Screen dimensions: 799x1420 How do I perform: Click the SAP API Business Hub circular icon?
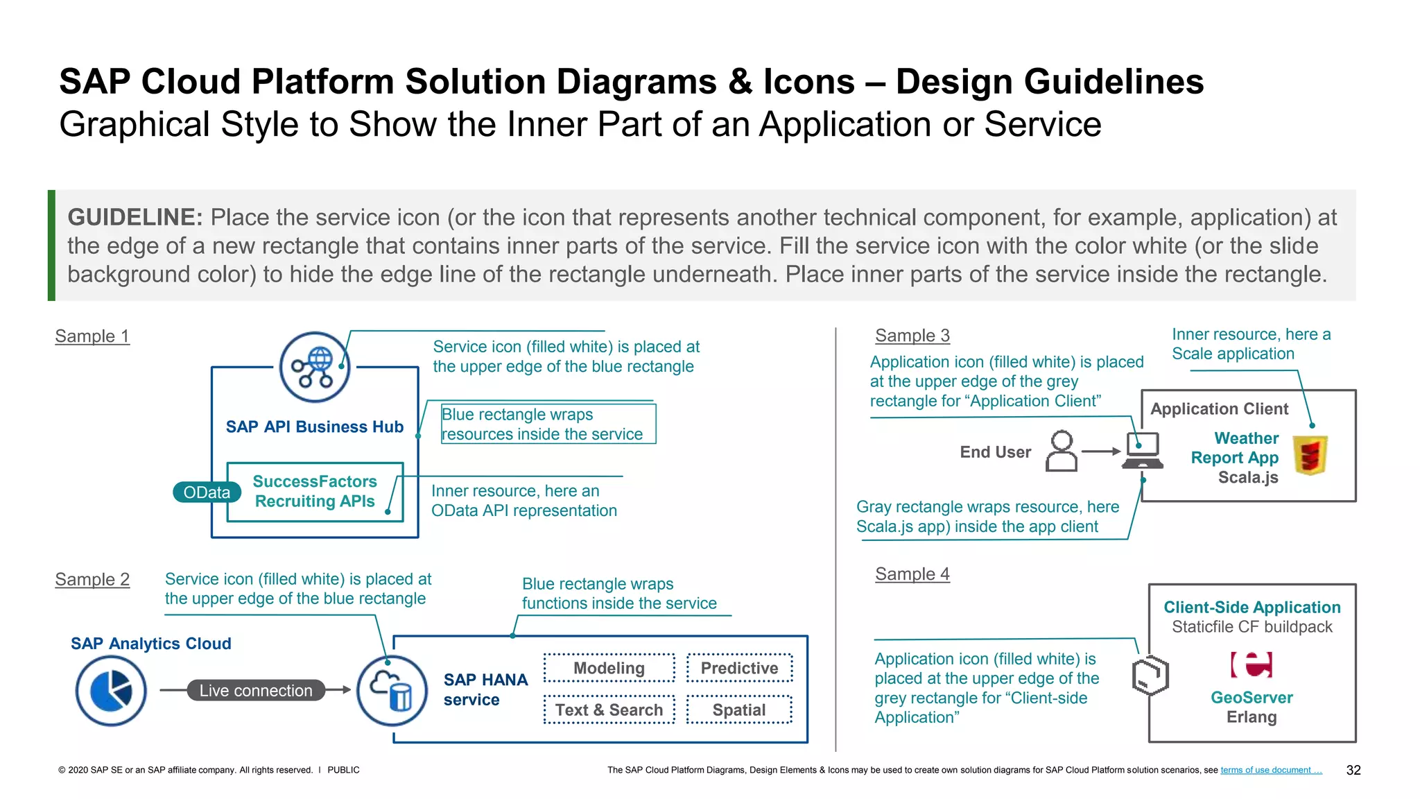314,367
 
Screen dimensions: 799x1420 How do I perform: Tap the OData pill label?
207,492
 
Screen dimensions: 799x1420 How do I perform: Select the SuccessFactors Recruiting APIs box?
315,492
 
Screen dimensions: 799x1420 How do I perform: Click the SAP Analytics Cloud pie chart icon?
111,691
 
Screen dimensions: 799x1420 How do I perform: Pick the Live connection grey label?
256,690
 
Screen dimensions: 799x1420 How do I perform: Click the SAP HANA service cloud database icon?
392,691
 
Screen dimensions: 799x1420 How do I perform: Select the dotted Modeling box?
609,668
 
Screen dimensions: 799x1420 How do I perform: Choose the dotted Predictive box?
739,668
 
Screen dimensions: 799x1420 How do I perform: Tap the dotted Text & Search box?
609,710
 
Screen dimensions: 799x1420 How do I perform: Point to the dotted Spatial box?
739,710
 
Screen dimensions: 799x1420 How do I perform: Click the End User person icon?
1062,452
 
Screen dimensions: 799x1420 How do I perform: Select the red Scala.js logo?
1310,455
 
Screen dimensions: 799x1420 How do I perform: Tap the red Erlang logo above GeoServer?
1252,664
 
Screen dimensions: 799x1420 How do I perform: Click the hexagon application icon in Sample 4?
1150,675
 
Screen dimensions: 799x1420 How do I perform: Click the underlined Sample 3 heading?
912,336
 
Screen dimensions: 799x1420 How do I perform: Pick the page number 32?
1353,770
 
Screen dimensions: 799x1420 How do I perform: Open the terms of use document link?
1270,770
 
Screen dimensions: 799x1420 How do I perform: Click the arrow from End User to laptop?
1101,452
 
